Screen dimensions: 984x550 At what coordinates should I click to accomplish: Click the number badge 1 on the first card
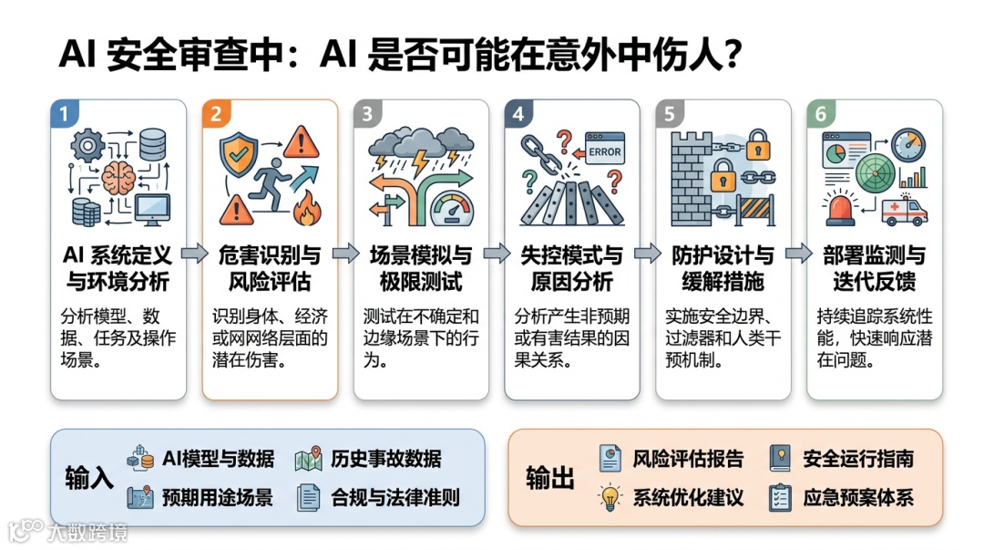coord(63,114)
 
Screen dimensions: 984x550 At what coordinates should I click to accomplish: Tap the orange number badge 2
coord(216,114)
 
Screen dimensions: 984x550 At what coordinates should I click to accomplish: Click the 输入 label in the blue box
coord(89,479)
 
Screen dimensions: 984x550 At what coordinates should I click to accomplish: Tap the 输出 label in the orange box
coord(550,478)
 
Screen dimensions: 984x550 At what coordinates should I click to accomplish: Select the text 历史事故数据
coord(385,458)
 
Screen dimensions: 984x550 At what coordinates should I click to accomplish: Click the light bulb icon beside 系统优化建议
coord(610,497)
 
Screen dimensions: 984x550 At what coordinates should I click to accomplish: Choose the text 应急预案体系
coord(857,498)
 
